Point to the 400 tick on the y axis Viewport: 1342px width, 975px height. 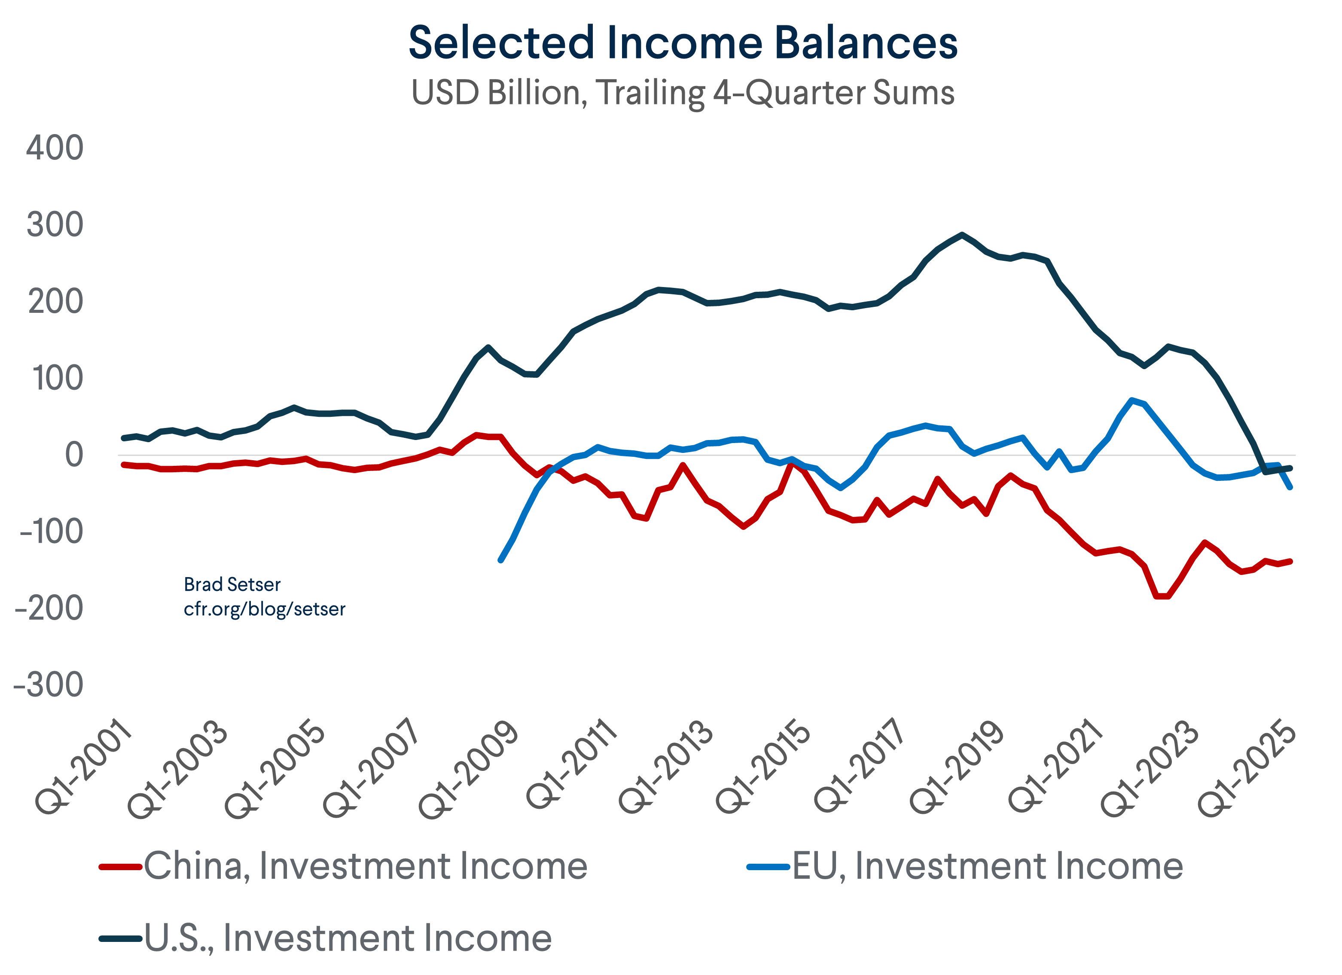(55, 148)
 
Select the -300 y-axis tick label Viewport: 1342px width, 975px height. (49, 685)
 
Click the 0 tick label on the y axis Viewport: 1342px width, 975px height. (74, 455)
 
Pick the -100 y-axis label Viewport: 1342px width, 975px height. (52, 532)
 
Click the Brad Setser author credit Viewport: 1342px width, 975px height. (232, 584)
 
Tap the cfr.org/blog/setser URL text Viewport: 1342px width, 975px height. (265, 609)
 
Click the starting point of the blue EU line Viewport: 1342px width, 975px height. (500, 560)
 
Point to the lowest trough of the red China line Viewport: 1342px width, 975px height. (1162, 596)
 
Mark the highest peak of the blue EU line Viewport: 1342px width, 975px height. (1132, 400)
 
